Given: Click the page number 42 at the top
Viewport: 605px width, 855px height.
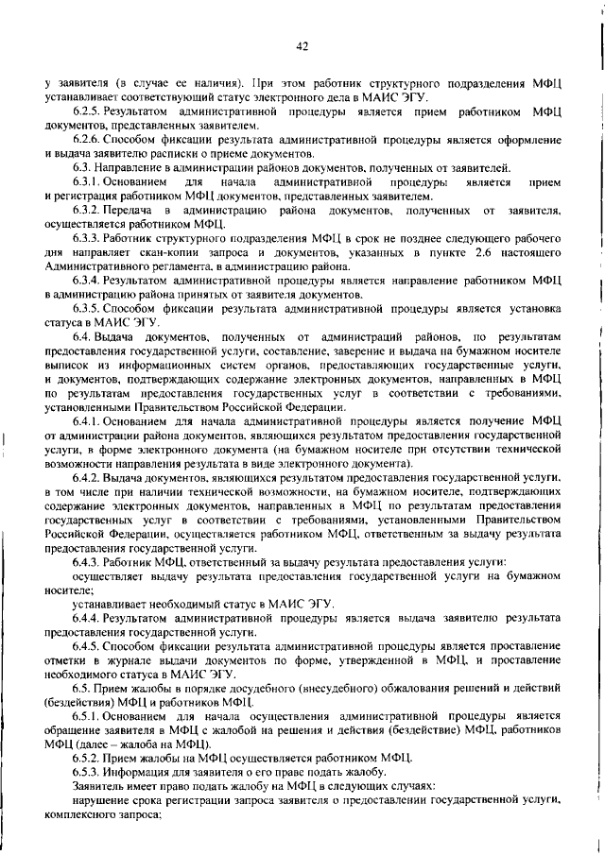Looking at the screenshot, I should click(302, 44).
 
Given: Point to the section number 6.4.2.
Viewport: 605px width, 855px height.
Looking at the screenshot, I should click(88, 477).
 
